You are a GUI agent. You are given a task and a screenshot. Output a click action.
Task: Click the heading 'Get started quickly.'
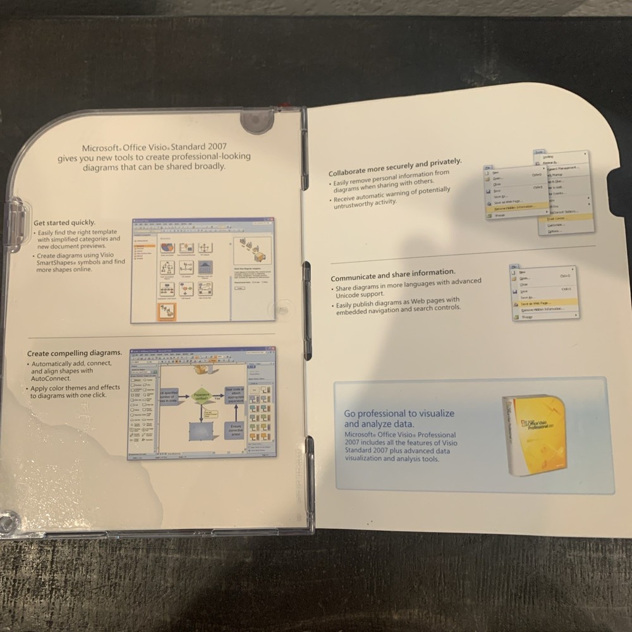coord(64,222)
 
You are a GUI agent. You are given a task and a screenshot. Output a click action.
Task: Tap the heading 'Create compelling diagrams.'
coord(75,352)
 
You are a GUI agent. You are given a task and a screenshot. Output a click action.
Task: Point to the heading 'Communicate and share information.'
coord(392,276)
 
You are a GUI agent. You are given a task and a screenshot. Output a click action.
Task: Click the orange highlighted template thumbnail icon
coord(167,312)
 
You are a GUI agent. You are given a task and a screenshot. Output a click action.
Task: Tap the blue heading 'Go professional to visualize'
coord(399,413)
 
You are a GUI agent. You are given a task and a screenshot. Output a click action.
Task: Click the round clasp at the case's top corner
coord(255,122)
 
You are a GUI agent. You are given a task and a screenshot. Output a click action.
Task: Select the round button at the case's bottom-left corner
coord(8,522)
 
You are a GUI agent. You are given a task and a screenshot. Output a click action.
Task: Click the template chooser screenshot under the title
coord(202,270)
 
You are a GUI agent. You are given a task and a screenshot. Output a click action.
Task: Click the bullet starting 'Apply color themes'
coord(75,391)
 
